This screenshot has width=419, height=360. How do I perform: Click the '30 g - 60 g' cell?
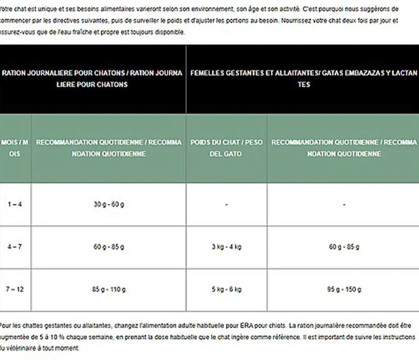(109, 204)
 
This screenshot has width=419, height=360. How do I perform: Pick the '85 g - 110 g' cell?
(109, 289)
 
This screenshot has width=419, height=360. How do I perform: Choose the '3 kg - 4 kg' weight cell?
(226, 247)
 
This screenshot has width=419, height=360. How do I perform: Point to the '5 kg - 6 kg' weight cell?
(226, 289)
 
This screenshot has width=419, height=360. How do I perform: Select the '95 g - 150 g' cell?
(344, 289)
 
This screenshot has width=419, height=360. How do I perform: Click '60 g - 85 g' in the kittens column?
(109, 247)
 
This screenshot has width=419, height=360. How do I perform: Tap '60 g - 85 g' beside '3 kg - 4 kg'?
(344, 247)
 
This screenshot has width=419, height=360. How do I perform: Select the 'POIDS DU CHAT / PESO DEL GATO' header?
(226, 148)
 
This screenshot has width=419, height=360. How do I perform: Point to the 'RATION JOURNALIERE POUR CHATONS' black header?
(92, 79)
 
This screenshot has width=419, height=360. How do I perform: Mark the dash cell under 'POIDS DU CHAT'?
(226, 204)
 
